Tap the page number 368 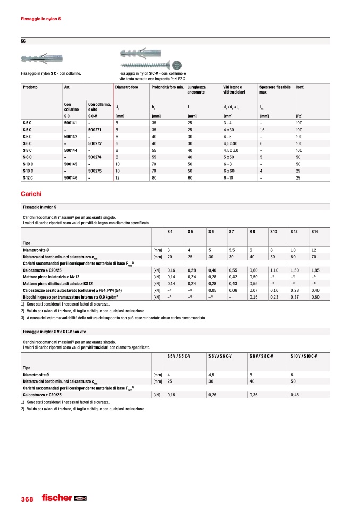[27, 499]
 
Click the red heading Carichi [30, 194]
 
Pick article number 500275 [95, 171]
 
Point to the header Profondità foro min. [168, 87]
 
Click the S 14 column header [315, 232]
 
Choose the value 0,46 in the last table [295, 395]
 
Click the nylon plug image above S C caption [42, 59]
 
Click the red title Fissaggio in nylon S [40, 19]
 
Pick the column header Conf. [299, 87]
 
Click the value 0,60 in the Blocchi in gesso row [315, 297]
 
